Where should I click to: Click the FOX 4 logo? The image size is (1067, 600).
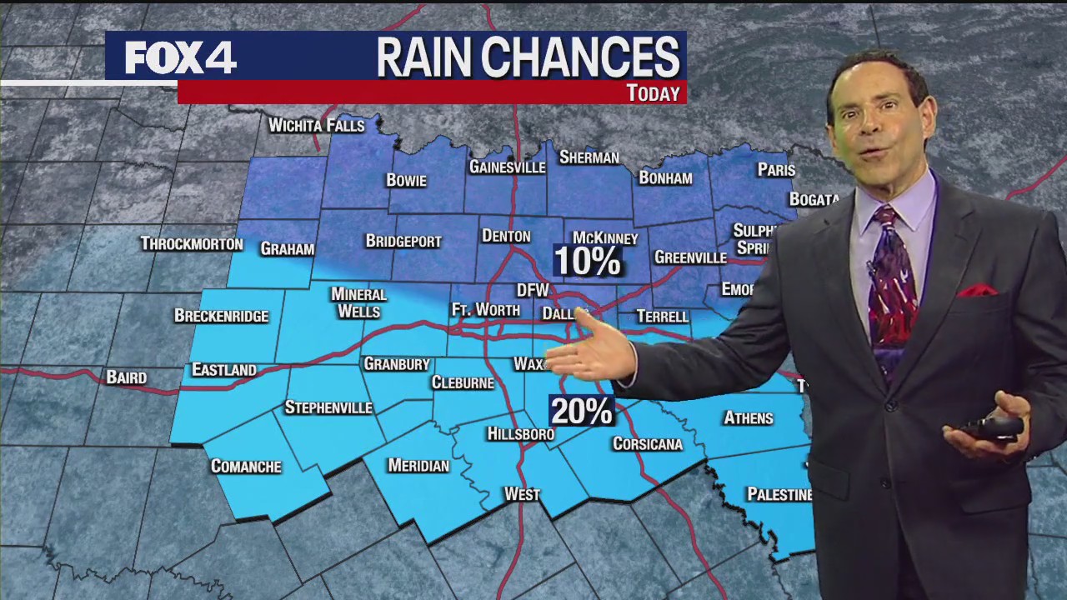tap(180, 57)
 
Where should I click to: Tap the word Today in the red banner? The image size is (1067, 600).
tap(654, 93)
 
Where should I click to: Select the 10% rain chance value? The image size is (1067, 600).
tap(588, 262)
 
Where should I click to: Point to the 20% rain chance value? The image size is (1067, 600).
tap(581, 411)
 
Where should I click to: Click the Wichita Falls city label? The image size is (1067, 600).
tap(317, 126)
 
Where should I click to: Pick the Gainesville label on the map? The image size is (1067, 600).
tap(507, 167)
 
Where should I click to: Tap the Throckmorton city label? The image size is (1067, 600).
tap(192, 244)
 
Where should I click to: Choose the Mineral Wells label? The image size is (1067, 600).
tap(358, 302)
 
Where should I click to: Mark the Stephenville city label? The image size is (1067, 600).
tap(328, 407)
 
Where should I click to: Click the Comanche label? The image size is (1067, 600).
tap(246, 466)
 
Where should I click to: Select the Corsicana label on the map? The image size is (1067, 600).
tap(648, 443)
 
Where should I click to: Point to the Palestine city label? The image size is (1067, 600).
tap(779, 494)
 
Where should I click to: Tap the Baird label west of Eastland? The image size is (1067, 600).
tap(127, 377)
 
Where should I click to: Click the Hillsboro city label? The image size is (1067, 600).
tap(520, 434)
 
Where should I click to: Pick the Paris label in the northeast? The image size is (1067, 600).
tap(776, 170)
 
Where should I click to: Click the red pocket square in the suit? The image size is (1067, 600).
tap(977, 291)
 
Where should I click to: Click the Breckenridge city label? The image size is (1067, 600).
tap(221, 316)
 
